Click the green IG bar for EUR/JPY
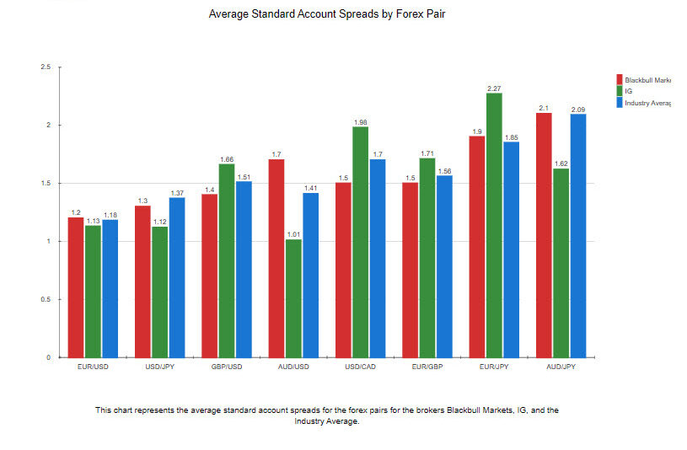[494, 225]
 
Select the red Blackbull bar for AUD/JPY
[544, 235]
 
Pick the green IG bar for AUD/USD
[293, 298]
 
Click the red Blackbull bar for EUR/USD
[76, 287]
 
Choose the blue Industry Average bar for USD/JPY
[177, 277]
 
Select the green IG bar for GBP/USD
[227, 260]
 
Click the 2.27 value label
[494, 88]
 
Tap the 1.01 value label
[293, 235]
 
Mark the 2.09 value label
[578, 110]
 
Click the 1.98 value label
[360, 122]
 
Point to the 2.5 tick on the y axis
[46, 67]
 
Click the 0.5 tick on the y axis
[46, 299]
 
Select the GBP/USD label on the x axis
[227, 367]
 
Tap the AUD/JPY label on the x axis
[561, 367]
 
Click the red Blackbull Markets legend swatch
[620, 80]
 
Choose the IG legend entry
[628, 91]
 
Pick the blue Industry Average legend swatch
[620, 103]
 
